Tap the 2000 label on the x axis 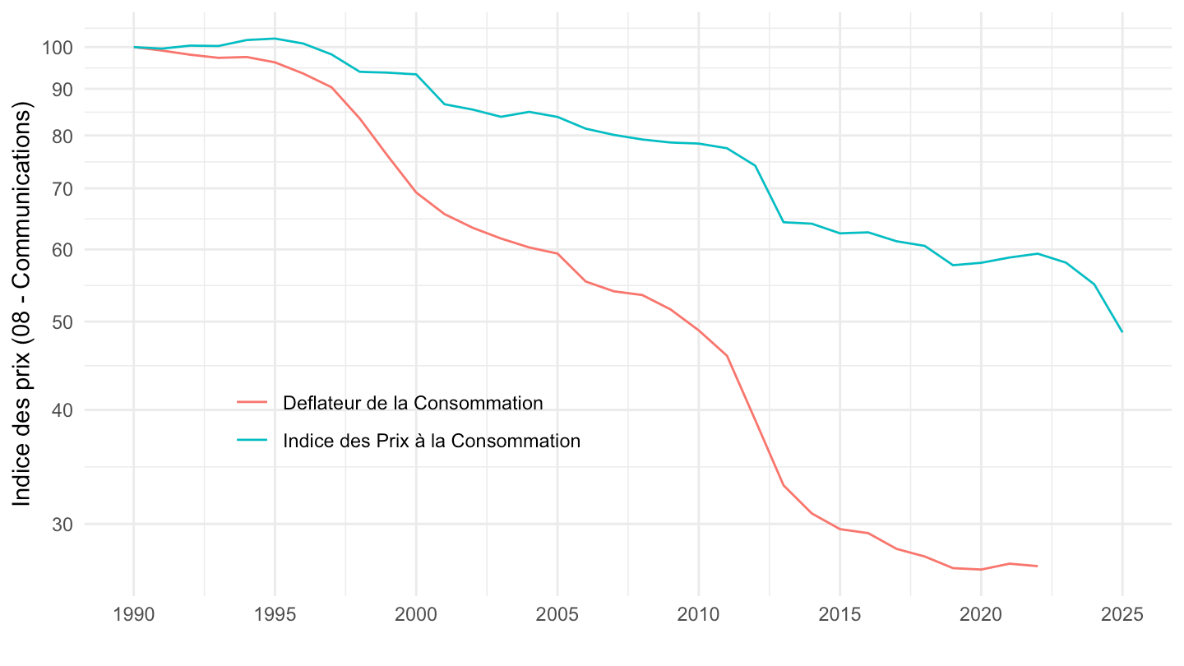pos(416,614)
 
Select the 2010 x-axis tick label pos(698,614)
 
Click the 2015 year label pos(839,614)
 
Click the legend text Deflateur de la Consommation pos(412,403)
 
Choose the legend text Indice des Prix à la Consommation pos(431,441)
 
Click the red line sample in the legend pos(252,402)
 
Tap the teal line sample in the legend pos(252,440)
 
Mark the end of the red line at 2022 pos(1038,566)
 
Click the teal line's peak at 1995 pos(275,39)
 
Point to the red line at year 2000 pos(416,192)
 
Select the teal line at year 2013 pos(783,222)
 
